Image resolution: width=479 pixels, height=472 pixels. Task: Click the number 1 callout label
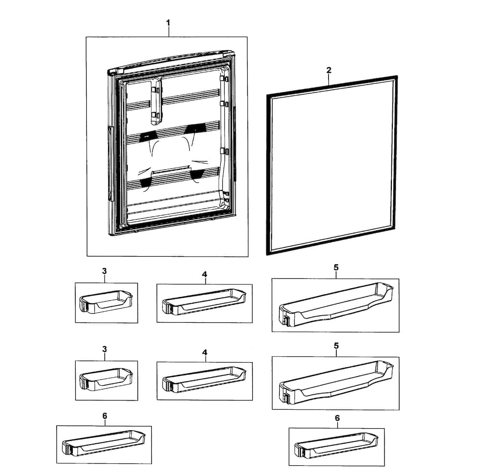(x=168, y=23)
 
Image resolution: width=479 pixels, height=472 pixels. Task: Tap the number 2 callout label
(x=329, y=70)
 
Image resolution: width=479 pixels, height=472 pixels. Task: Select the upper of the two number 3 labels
(x=104, y=271)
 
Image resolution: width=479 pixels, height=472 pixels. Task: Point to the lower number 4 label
(x=205, y=353)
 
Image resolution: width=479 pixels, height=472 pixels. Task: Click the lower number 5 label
(x=336, y=346)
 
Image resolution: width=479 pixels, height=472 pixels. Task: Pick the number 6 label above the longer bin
(x=105, y=416)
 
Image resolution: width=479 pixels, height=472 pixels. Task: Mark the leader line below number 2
(x=329, y=80)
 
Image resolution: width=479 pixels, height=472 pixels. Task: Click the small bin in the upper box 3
(x=106, y=302)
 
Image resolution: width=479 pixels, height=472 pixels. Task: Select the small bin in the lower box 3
(x=106, y=379)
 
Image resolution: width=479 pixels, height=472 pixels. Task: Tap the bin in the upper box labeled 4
(x=204, y=302)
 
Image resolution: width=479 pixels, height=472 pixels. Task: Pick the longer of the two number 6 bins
(x=103, y=443)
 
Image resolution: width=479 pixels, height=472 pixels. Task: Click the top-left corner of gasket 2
(x=267, y=94)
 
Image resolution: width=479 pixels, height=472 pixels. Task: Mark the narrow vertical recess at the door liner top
(x=156, y=101)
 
